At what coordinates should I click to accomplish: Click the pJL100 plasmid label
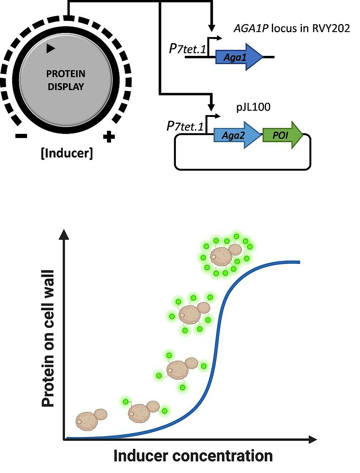[x=253, y=107]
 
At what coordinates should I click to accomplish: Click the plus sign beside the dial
[x=109, y=137]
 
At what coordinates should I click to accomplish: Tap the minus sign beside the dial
[x=21, y=136]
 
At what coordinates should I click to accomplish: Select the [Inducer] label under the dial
[x=67, y=153]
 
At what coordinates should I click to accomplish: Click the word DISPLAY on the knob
[x=66, y=87]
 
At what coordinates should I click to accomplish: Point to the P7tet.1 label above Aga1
[x=187, y=49]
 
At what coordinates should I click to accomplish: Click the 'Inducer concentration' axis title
[x=193, y=456]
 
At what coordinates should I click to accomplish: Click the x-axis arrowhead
[x=313, y=439]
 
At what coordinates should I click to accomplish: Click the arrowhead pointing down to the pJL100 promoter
[x=212, y=104]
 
